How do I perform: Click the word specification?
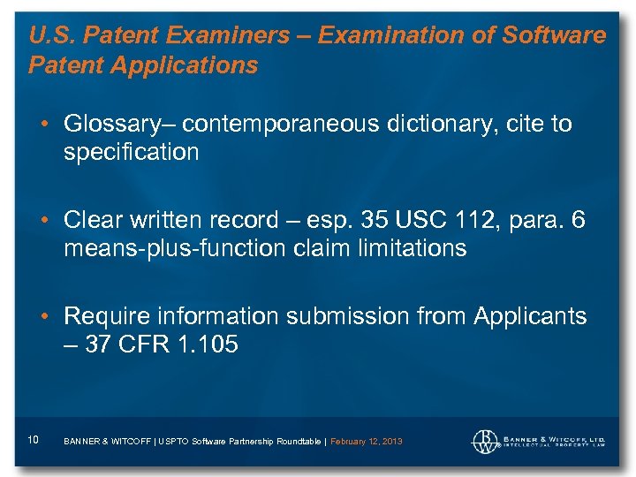(131, 153)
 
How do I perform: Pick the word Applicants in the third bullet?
(532, 316)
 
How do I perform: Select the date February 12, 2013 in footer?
(367, 441)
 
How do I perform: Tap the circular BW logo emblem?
(485, 439)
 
